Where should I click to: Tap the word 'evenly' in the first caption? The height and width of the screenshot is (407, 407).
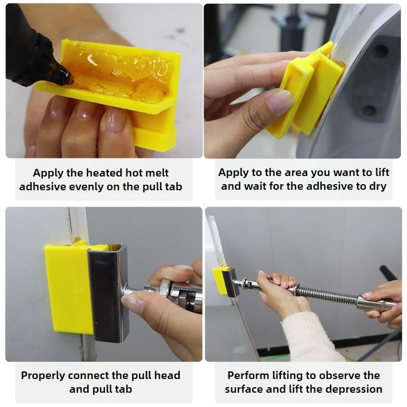pyautogui.click(x=86, y=187)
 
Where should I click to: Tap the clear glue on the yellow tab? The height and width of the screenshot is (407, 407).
pyautogui.click(x=127, y=74)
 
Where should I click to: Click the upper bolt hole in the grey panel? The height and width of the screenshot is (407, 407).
pyautogui.click(x=381, y=51)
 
